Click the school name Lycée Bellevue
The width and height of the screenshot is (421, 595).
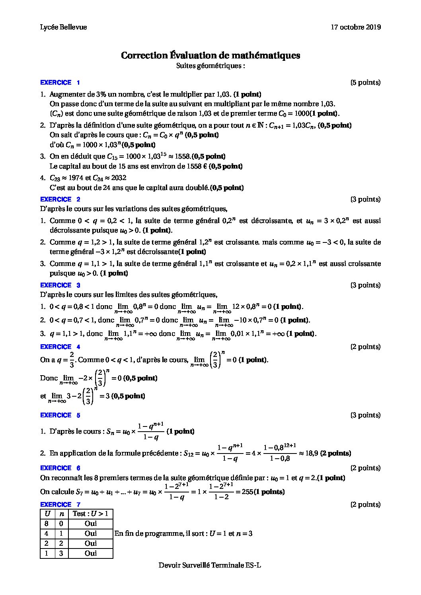click(x=63, y=27)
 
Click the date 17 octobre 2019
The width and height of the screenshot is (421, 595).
click(x=356, y=27)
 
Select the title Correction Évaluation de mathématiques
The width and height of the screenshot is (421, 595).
click(x=210, y=55)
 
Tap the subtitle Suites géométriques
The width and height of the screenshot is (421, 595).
click(x=210, y=66)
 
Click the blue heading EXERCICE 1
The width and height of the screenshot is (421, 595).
click(x=60, y=83)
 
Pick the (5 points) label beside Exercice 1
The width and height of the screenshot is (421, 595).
click(x=365, y=83)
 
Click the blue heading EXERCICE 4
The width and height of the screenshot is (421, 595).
click(x=60, y=347)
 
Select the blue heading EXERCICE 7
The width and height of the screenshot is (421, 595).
click(x=60, y=504)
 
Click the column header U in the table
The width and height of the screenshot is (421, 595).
click(x=47, y=514)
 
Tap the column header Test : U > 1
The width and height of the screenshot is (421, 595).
click(x=90, y=514)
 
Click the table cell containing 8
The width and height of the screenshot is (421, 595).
click(x=47, y=523)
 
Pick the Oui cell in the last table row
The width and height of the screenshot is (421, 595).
click(x=90, y=553)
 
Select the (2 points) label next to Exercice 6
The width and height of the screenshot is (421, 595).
click(x=365, y=468)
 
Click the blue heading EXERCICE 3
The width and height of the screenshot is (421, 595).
click(x=60, y=285)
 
